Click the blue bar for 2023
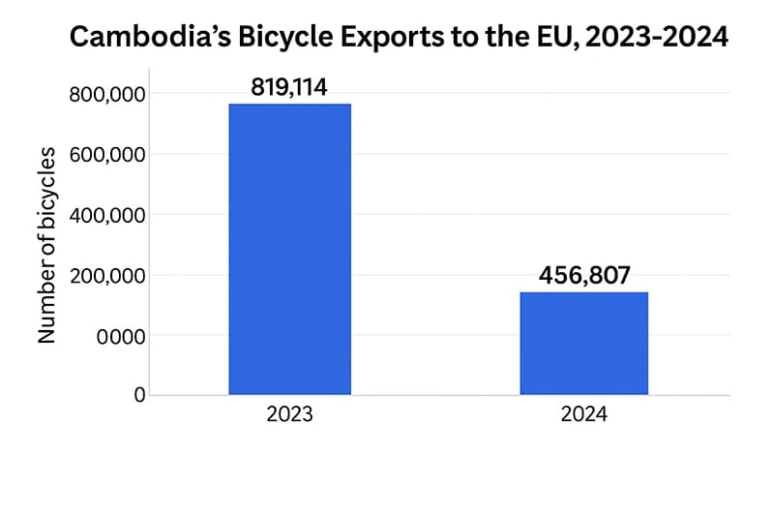(x=289, y=249)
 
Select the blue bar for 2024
(x=583, y=343)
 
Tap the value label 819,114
(x=289, y=87)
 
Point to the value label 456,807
(x=583, y=275)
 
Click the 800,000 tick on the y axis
(x=107, y=94)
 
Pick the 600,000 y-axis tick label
(x=107, y=154)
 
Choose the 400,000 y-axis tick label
(x=107, y=215)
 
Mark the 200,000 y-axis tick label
(x=107, y=276)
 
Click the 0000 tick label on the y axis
(x=122, y=336)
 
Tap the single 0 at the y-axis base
(x=139, y=394)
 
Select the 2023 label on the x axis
(x=289, y=415)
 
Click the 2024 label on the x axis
(x=583, y=415)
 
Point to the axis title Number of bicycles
(x=45, y=246)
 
